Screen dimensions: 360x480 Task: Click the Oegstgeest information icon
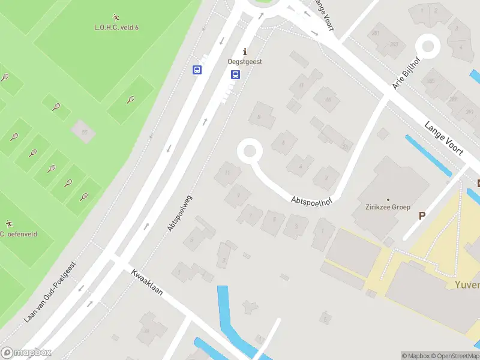244,52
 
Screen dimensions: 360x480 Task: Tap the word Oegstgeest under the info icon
244,62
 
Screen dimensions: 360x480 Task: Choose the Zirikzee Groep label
388,207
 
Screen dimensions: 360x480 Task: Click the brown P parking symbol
422,215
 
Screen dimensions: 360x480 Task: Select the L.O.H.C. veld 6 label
116,27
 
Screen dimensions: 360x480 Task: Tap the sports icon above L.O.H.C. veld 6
116,17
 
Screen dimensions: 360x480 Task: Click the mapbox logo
26,353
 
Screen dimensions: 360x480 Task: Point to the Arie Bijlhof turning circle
428,45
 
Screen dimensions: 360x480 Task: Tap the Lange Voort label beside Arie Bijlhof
444,139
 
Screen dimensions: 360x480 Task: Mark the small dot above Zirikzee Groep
388,199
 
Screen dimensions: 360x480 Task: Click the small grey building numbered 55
83,131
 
